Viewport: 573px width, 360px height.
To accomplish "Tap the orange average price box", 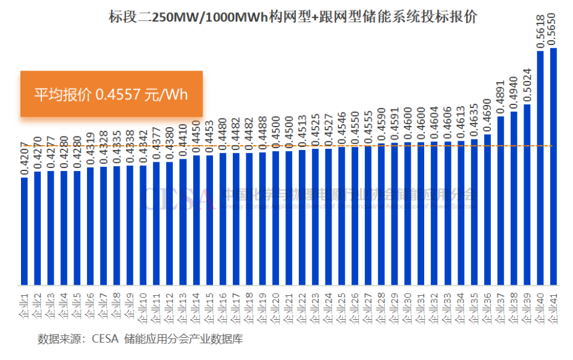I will click(x=112, y=94).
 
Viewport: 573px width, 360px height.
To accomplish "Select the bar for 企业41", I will click(x=553, y=167).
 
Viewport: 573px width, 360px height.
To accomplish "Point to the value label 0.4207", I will click(x=25, y=160).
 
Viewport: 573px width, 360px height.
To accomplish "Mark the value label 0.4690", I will click(x=487, y=117).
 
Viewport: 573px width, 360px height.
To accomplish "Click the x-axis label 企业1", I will click(x=25, y=306).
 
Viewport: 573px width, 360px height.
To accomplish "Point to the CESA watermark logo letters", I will click(x=179, y=198).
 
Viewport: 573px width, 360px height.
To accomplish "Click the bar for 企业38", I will click(x=514, y=198).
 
